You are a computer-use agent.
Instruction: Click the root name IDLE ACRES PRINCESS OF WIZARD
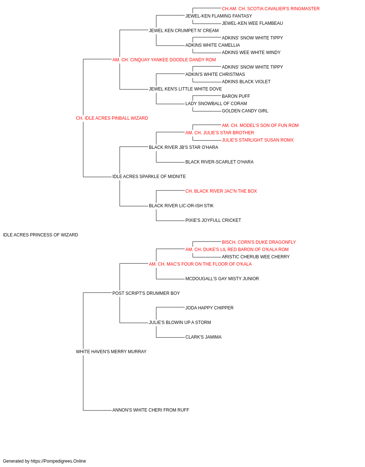pos(41,235)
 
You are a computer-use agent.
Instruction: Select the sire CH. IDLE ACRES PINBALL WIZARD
pos(112,118)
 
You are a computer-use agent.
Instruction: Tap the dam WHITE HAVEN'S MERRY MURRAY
pos(111,352)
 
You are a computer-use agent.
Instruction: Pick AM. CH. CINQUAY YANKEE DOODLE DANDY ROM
pos(164,60)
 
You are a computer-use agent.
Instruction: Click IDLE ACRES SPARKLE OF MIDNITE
pos(149,177)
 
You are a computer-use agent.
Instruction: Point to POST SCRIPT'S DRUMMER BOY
pos(146,293)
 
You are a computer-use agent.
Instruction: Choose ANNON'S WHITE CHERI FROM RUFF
pos(151,410)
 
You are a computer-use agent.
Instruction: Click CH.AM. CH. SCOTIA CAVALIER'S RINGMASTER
pos(270,9)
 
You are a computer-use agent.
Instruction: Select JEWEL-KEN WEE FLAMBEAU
pos(252,23)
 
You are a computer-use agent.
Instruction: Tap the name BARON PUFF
pos(236,96)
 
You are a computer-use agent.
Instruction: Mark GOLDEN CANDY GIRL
pos(245,111)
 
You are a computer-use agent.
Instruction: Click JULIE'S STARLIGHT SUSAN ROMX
pos(258,140)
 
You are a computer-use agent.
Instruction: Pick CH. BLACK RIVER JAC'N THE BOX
pos(221,191)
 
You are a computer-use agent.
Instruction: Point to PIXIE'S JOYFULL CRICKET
pos(213,220)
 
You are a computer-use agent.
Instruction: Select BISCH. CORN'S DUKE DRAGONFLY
pos(259,242)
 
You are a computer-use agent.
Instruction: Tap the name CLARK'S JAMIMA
pos(203,337)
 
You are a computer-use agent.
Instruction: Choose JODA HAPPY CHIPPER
pos(210,308)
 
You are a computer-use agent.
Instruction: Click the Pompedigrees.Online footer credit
pos(44,461)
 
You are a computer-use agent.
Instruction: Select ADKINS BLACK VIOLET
pos(246,82)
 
